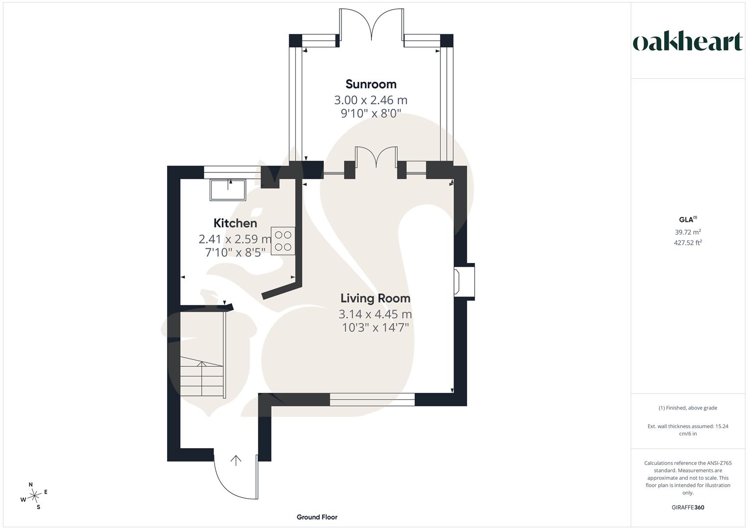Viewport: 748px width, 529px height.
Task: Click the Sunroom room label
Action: (371, 84)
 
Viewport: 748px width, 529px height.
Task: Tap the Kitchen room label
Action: (235, 223)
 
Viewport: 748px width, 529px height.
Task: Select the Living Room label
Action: (375, 298)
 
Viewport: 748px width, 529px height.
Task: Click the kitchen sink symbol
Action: (228, 190)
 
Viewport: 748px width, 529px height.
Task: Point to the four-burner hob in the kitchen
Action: (283, 241)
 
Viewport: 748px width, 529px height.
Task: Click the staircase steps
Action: (202, 376)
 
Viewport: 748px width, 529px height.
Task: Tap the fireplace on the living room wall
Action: (464, 282)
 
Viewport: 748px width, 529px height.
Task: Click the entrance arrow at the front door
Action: (236, 460)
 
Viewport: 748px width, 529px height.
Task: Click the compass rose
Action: (34, 496)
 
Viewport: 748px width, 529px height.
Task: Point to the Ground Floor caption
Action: (317, 517)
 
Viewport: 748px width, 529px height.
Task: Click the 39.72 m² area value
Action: (688, 232)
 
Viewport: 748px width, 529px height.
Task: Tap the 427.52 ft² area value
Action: (688, 242)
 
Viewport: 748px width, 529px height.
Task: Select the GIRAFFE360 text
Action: (688, 507)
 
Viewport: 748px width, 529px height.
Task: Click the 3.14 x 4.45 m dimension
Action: (375, 314)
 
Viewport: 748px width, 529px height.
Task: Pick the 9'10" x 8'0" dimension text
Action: (371, 114)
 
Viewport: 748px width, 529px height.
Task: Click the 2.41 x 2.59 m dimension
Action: (235, 239)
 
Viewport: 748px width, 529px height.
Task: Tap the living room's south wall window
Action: (372, 399)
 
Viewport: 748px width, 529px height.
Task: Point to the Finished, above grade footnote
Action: (688, 408)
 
